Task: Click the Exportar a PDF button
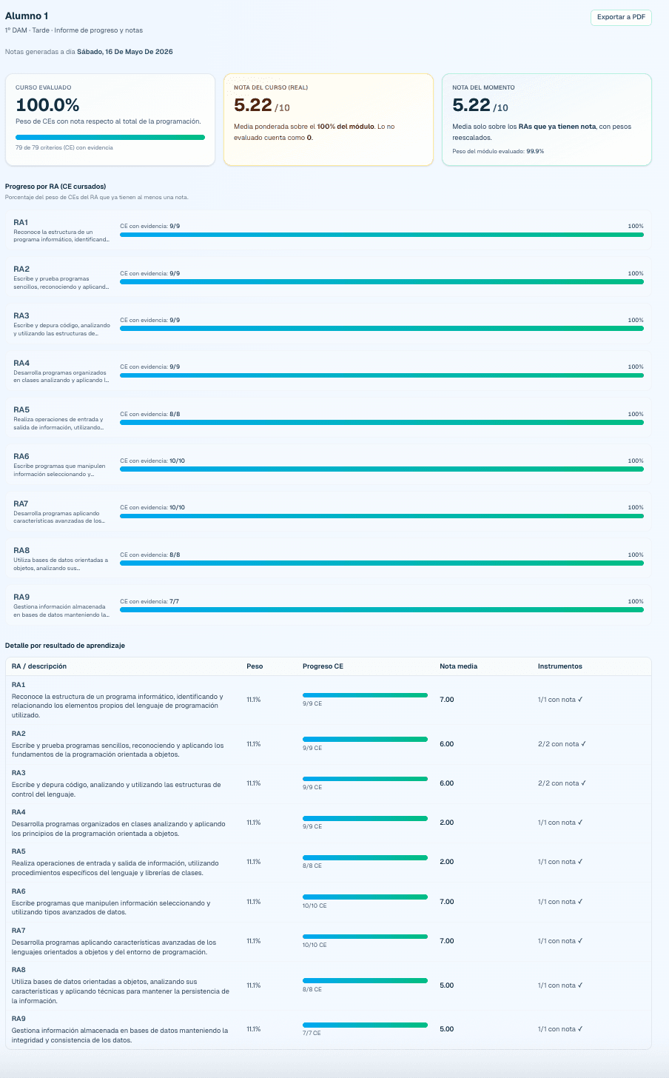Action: click(621, 17)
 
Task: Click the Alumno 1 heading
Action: click(27, 16)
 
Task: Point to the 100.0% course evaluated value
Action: click(47, 105)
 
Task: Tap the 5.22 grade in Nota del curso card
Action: click(253, 105)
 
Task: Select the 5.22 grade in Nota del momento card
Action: click(471, 105)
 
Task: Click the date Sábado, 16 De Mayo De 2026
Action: click(125, 52)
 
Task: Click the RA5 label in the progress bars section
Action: click(21, 409)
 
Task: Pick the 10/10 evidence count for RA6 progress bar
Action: click(177, 461)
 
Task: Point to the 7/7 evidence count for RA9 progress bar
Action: click(174, 601)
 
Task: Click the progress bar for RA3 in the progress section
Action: click(382, 328)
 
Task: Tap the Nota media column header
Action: click(458, 666)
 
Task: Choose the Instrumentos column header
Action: click(559, 666)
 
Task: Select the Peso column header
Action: click(255, 666)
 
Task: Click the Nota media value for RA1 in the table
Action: click(447, 699)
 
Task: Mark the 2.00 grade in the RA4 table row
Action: click(447, 823)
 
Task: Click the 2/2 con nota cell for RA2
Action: click(562, 743)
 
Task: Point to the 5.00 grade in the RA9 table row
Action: click(447, 1029)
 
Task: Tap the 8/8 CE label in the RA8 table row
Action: click(312, 989)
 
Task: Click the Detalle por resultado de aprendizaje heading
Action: click(65, 646)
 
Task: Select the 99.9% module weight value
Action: click(535, 151)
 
